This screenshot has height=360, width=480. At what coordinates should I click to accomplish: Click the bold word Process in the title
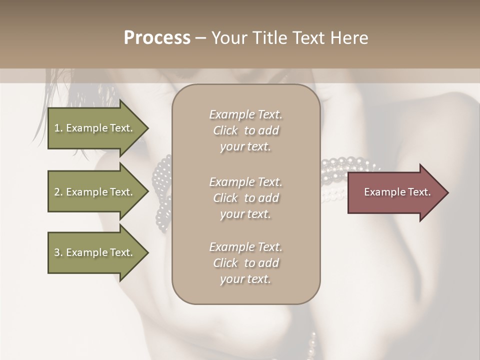[157, 37]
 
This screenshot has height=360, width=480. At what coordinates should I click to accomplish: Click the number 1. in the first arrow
[58, 128]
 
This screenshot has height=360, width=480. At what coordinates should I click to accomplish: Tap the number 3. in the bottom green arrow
[58, 252]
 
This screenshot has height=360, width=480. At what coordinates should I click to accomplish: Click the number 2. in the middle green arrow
[58, 192]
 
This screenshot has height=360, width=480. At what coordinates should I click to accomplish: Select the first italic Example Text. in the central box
[245, 114]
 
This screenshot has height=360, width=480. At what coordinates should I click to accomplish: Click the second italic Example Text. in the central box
[245, 181]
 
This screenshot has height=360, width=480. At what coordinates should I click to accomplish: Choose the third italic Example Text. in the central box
[245, 247]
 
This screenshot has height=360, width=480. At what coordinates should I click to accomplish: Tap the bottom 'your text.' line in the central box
[245, 279]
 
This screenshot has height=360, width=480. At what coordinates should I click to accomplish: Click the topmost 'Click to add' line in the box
[245, 130]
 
